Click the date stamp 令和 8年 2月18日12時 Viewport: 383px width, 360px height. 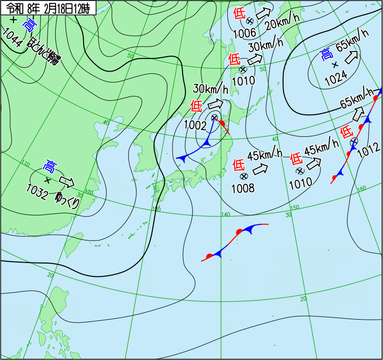(48, 8)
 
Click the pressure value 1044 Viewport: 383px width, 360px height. (12, 38)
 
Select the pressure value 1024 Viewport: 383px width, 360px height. (336, 80)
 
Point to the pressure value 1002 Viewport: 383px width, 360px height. (198, 126)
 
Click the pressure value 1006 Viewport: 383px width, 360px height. (244, 33)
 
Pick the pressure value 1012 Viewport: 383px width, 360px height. (369, 149)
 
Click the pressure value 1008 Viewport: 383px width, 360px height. (243, 188)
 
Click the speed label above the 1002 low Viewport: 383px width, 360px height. (210, 89)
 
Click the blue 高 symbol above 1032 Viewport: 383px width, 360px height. (49, 166)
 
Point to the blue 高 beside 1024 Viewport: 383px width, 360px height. (326, 54)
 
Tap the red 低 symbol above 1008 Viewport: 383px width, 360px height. (238, 165)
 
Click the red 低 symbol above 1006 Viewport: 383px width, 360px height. (238, 13)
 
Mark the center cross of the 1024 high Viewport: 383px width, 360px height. (335, 64)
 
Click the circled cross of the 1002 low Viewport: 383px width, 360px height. (214, 118)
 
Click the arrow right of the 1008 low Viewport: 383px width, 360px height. (260, 168)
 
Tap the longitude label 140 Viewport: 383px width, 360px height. (226, 215)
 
